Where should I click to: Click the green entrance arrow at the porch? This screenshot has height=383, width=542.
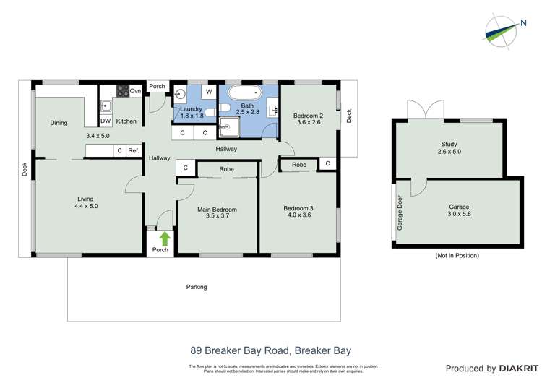coord(164,237)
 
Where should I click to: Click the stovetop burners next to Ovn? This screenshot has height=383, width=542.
coord(123,91)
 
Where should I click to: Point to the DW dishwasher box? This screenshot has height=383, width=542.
coord(106,121)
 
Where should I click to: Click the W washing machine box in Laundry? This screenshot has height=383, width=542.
coord(208,92)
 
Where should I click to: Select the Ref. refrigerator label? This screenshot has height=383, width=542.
coord(134,150)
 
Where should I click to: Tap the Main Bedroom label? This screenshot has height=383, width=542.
coord(217,210)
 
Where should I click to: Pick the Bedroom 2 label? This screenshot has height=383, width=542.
coord(307,115)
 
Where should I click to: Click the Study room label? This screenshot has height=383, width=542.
coord(449,144)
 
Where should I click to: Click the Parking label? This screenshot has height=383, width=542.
coord(197,287)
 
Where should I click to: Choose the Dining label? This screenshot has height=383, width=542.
coord(59,123)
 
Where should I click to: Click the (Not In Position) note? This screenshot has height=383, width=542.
coord(457,256)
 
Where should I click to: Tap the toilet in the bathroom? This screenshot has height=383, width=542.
coord(225,108)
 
